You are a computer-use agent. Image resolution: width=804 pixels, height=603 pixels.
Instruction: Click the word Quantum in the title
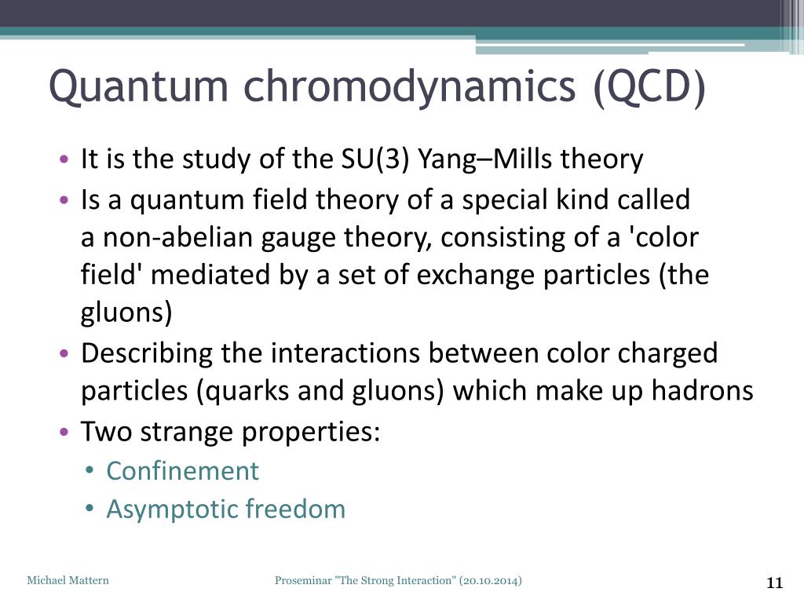[x=138, y=86]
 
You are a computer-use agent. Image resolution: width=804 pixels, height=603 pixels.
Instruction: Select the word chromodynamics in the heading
[x=409, y=86]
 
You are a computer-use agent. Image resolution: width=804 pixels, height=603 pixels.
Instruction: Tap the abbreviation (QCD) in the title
[x=649, y=88]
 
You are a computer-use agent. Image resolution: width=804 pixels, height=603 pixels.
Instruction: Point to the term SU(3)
[x=375, y=159]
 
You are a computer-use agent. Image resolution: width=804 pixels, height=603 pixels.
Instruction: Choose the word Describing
[x=147, y=353]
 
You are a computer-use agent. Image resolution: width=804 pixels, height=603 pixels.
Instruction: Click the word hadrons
[x=702, y=390]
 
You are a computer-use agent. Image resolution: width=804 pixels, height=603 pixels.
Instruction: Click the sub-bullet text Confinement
[x=182, y=470]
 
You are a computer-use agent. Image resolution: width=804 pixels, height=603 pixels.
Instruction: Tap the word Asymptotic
[x=172, y=510]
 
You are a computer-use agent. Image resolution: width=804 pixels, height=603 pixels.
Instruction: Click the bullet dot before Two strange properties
[x=64, y=432]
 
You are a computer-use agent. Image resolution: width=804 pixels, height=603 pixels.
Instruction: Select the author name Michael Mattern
[x=68, y=580]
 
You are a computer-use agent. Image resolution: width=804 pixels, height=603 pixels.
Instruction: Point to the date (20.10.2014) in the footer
[x=491, y=580]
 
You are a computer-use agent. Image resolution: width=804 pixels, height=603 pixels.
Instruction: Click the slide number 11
[x=774, y=583]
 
